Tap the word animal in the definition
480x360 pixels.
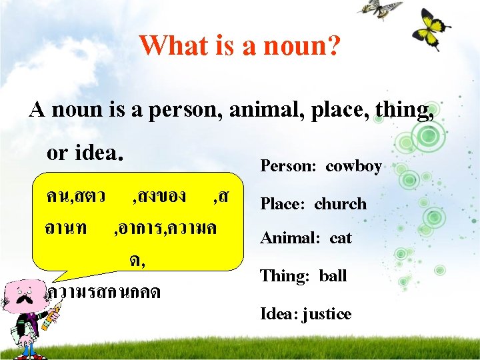click(261, 109)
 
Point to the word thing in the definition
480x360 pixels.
click(401, 109)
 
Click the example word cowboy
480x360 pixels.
click(353, 165)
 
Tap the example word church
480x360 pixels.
click(340, 203)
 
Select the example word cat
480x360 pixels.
click(340, 238)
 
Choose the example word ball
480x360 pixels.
click(333, 275)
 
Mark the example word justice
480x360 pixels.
click(327, 314)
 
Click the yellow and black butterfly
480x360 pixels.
click(430, 28)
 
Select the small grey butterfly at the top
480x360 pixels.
click(379, 8)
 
